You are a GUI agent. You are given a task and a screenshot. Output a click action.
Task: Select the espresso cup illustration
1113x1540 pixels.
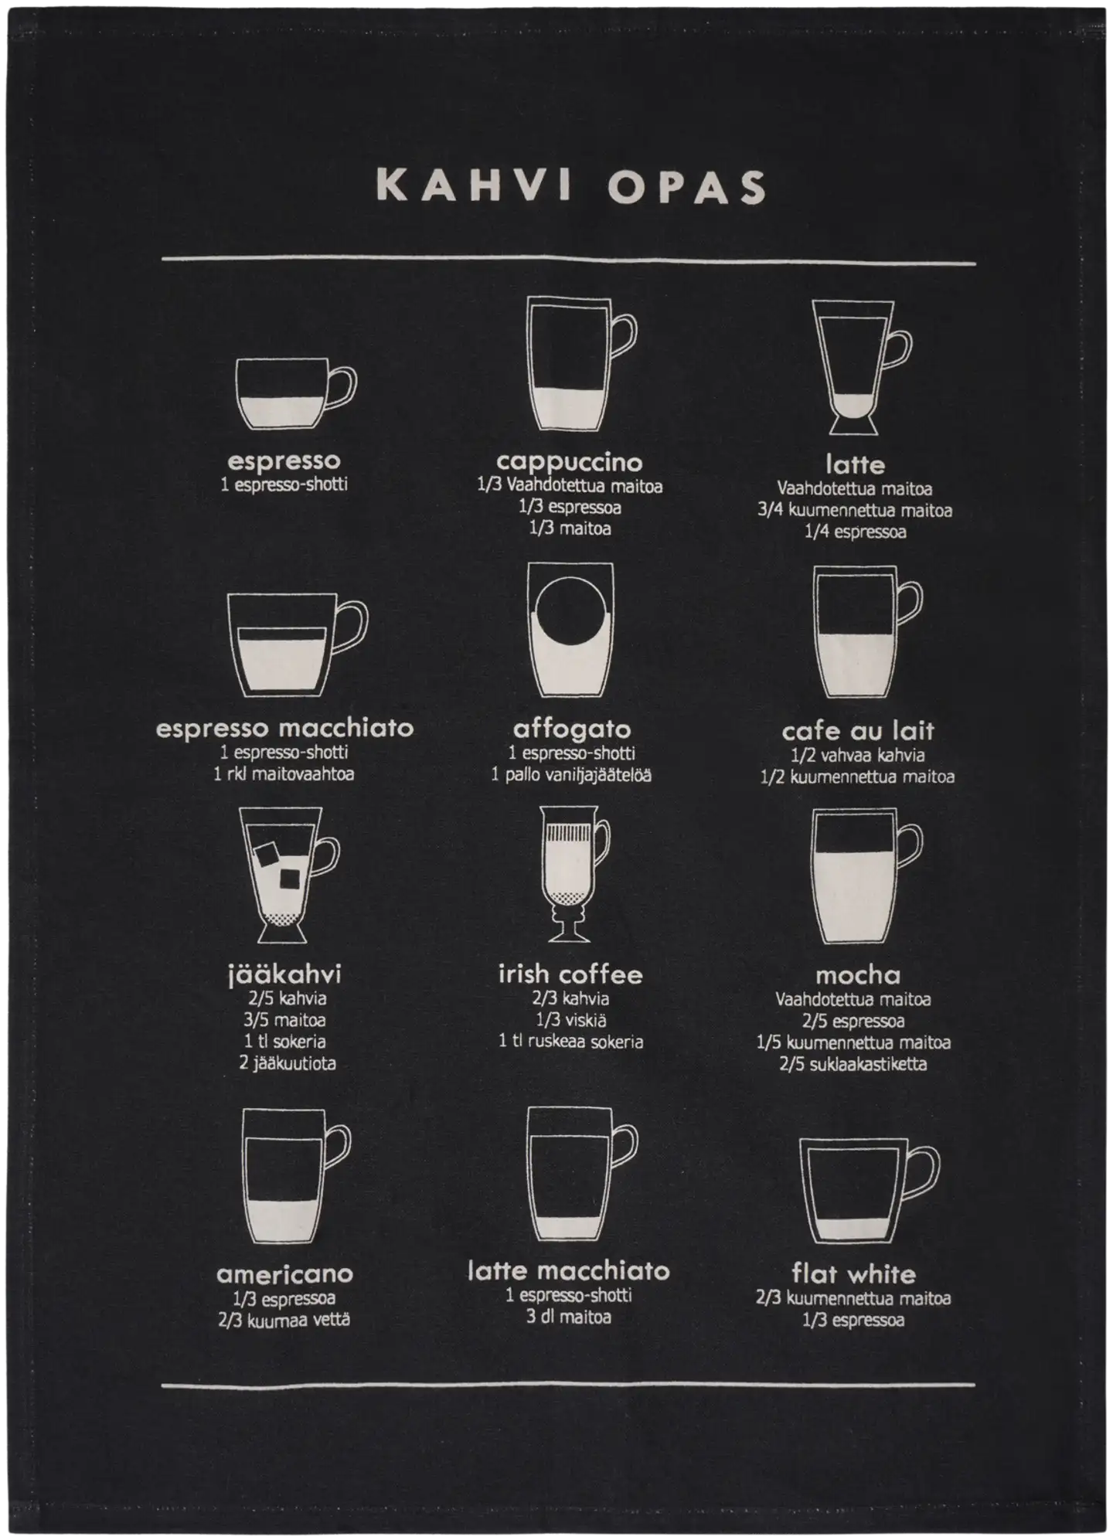pyautogui.click(x=296, y=394)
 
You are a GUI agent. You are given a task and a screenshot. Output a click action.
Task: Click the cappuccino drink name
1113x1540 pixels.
pyautogui.click(x=569, y=461)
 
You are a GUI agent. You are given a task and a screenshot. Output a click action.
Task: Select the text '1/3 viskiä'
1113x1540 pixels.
pyautogui.click(x=570, y=1020)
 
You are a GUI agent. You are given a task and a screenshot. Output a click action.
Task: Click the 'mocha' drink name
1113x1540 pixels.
pyautogui.click(x=857, y=975)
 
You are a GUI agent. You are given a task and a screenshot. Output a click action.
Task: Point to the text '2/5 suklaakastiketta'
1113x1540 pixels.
pyautogui.click(x=853, y=1064)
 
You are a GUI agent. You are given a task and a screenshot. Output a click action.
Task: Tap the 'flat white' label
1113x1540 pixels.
pyautogui.click(x=853, y=1273)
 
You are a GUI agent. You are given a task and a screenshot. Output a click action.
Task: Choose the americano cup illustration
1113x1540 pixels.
pyautogui.click(x=296, y=1177)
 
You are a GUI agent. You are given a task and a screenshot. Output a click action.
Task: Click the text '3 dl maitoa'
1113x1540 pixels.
pyautogui.click(x=568, y=1317)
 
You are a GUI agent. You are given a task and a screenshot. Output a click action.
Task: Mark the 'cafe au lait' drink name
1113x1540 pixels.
pyautogui.click(x=858, y=730)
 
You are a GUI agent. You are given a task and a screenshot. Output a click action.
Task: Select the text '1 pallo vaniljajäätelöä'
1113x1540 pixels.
pyautogui.click(x=571, y=774)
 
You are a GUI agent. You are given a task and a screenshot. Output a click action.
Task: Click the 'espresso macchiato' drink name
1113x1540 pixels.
pyautogui.click(x=284, y=728)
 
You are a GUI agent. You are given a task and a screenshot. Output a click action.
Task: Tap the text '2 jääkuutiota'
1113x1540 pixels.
pyautogui.click(x=288, y=1063)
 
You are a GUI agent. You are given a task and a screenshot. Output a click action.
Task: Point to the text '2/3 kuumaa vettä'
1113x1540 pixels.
pyautogui.click(x=284, y=1320)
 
